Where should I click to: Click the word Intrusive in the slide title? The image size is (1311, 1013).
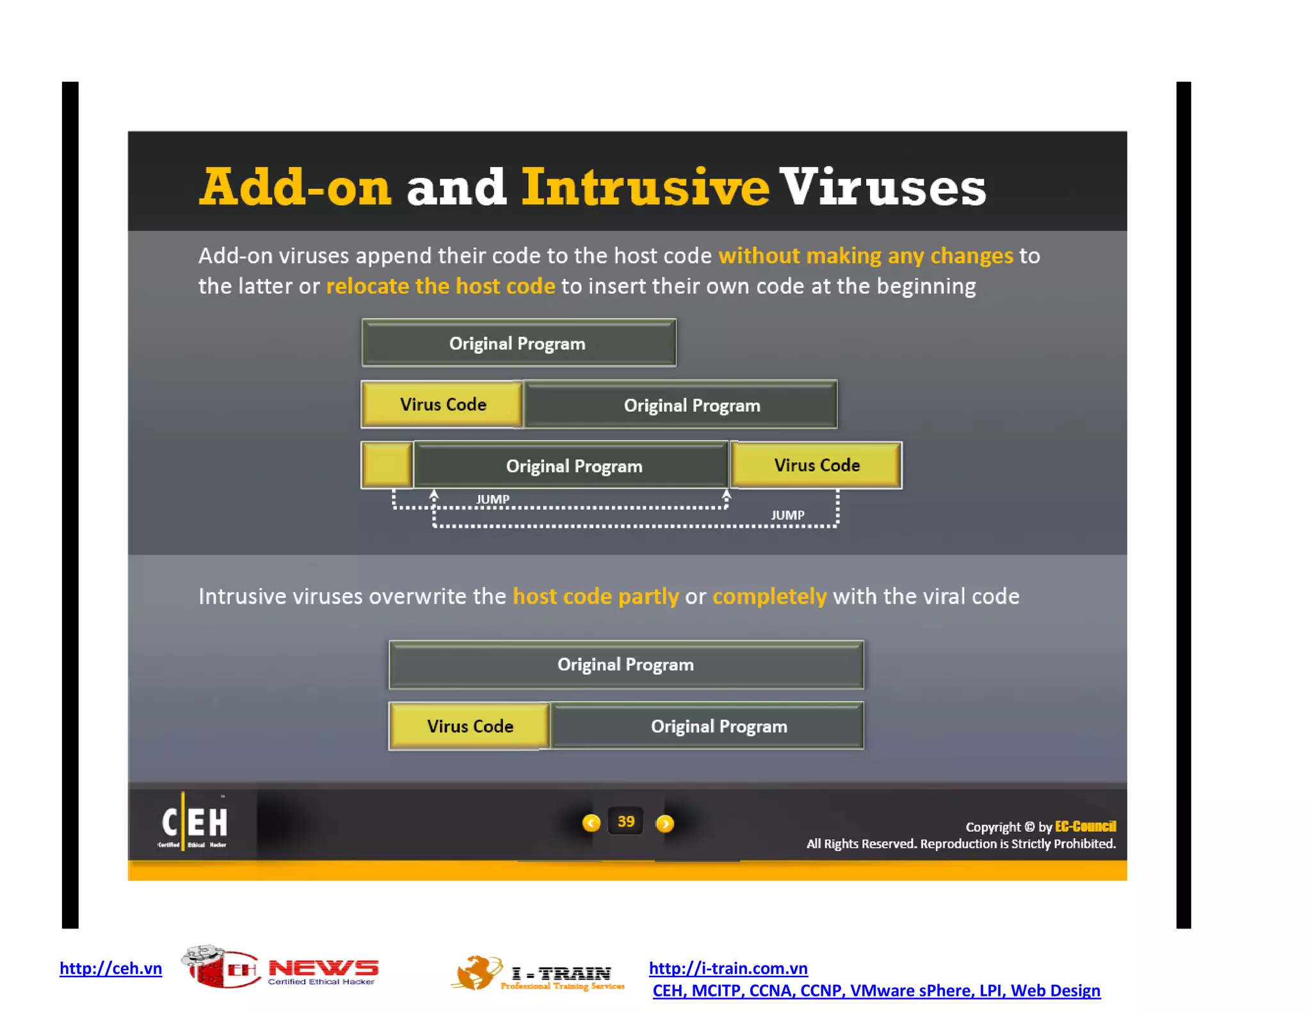tap(645, 187)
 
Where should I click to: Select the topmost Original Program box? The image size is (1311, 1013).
tap(519, 343)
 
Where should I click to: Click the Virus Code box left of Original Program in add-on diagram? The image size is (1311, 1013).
tap(442, 405)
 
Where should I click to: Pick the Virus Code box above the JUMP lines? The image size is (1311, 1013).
tap(816, 466)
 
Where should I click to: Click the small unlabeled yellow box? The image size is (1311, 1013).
tap(387, 465)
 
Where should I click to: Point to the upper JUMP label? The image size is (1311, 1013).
tap(492, 499)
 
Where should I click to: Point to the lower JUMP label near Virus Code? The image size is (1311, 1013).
tap(787, 515)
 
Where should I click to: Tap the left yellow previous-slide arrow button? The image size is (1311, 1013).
tap(591, 823)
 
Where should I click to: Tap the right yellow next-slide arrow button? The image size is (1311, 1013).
tap(665, 823)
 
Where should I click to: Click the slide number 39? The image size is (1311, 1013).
tap(626, 822)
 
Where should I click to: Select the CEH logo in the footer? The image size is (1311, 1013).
tap(194, 823)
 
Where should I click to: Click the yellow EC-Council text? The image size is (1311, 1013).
tap(1085, 826)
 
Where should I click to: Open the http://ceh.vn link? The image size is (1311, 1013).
tap(111, 968)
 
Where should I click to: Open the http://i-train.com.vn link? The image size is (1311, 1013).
tap(728, 968)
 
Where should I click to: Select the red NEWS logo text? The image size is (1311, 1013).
tap(323, 968)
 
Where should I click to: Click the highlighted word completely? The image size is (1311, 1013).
tap(769, 596)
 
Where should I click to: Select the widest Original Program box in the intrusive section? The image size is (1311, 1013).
tap(626, 665)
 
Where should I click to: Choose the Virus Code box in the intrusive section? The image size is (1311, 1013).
tap(470, 726)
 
